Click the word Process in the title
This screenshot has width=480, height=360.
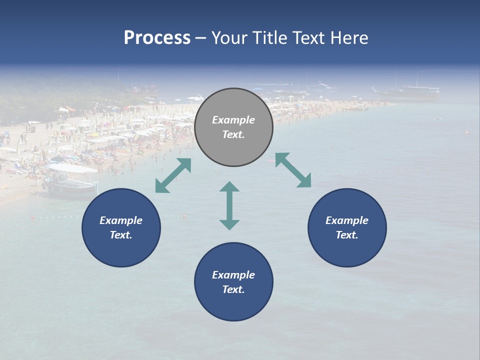point(157,38)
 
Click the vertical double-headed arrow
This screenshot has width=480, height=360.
point(229,205)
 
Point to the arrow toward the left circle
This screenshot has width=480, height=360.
point(173,175)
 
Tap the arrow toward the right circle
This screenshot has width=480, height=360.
point(293,170)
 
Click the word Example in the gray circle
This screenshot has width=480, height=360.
point(233,120)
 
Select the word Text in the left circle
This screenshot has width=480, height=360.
point(121,235)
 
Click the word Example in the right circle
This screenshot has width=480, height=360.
point(347,220)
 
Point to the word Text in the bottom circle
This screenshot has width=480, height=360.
point(233,289)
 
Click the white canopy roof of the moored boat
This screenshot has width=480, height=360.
point(72,169)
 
